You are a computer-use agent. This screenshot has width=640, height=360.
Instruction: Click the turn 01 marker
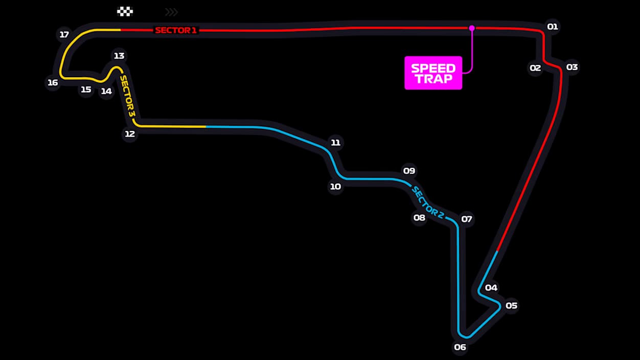point(553,26)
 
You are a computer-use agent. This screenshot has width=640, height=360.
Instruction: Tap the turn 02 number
point(535,67)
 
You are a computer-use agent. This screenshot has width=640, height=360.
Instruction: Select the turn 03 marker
point(572,67)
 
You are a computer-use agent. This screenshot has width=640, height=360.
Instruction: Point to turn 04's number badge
point(491,287)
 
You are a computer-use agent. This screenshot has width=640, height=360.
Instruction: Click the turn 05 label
point(511,306)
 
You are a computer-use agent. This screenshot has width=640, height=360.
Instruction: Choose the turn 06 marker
point(460,347)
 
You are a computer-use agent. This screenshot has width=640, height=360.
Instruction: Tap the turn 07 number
point(467,219)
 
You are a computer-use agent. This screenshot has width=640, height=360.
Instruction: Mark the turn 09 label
point(409,171)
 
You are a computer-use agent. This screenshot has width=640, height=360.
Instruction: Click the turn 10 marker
point(335,187)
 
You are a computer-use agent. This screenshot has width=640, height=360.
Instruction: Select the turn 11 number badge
point(335,143)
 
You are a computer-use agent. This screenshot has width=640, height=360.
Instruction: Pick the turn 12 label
point(130,134)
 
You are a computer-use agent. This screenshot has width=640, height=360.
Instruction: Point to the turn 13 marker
point(119,56)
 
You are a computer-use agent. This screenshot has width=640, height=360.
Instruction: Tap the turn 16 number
point(53,82)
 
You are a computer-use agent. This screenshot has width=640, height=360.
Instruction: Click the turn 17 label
point(64,35)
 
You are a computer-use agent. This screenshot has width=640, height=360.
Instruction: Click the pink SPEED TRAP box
point(433,73)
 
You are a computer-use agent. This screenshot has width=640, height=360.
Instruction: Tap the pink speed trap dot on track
point(472,28)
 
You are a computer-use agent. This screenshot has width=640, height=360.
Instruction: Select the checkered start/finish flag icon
point(125,11)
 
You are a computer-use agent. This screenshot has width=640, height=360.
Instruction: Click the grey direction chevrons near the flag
point(171,12)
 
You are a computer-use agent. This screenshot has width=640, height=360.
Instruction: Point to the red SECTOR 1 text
point(176,30)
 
